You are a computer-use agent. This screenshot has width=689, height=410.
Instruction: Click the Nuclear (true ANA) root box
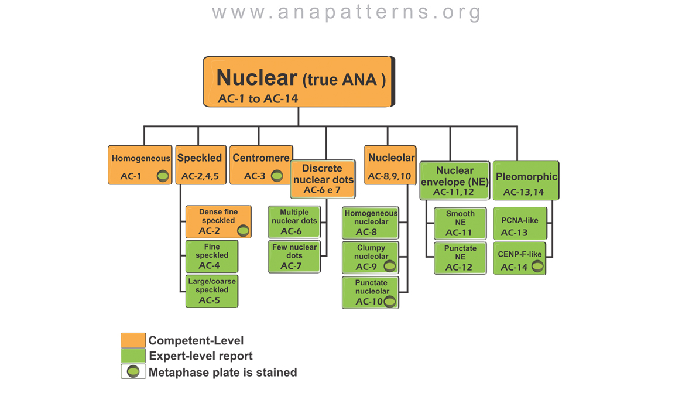tap(299, 82)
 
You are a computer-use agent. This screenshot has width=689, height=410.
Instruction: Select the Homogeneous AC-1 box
tap(140, 165)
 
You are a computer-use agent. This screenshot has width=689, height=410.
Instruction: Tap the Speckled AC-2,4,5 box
tap(200, 165)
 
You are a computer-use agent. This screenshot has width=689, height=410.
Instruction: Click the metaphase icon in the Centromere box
tap(277, 176)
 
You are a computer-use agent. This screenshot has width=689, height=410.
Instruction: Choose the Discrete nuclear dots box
tap(323, 179)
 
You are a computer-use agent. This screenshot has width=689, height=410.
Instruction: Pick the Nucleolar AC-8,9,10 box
tap(390, 165)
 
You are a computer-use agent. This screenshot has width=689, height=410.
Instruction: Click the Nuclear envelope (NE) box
tap(454, 180)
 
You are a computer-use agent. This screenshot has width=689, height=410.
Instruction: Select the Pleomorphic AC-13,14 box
tap(526, 180)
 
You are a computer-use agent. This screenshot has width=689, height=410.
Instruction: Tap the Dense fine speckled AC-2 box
tap(218, 221)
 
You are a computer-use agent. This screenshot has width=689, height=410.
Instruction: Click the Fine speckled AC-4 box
tap(212, 256)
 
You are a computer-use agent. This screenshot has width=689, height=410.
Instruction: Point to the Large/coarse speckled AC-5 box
tap(212, 291)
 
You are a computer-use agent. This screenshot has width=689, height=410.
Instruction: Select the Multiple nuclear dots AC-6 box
tap(294, 222)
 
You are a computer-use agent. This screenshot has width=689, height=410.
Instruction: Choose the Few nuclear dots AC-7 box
tap(294, 257)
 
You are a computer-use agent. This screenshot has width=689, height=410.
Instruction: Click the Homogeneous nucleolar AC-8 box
tap(370, 223)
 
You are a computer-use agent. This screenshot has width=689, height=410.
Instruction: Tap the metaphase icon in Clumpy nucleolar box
tap(389, 266)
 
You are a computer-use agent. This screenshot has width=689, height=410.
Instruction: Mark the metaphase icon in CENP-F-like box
tap(537, 266)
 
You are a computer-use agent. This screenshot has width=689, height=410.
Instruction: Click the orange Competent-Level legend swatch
tap(133, 340)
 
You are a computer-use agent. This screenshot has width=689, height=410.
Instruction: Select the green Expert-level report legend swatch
tap(133, 356)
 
